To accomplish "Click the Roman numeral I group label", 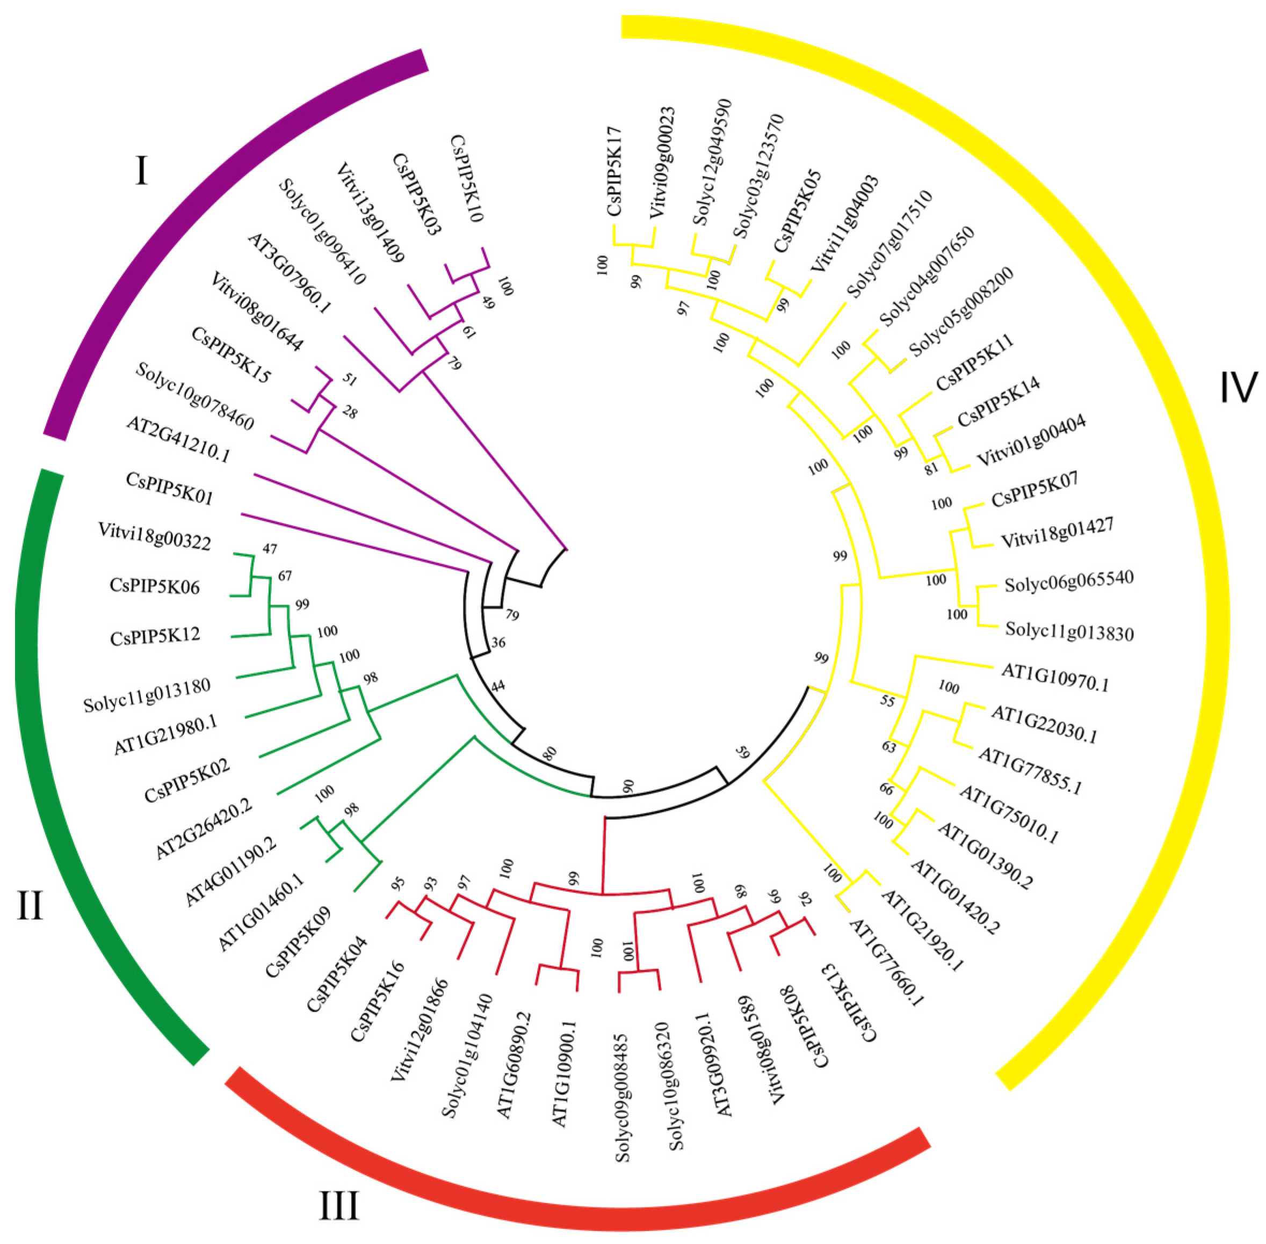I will tap(141, 171).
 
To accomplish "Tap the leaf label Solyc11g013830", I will tap(1069, 631).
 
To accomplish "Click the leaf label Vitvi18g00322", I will tap(154, 536).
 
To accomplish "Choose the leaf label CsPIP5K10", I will tap(467, 178).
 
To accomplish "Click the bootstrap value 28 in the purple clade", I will tap(350, 412).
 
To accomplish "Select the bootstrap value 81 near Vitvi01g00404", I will tap(931, 468).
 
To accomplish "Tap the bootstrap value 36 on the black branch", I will tap(498, 643).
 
